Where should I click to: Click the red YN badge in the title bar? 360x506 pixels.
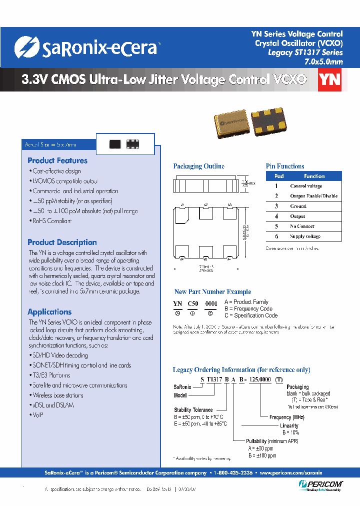(x=329, y=80)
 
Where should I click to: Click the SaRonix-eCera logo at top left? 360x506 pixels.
(x=87, y=48)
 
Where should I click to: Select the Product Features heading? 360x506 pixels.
(x=57, y=160)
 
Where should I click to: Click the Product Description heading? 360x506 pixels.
(x=62, y=242)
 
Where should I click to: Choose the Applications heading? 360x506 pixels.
(x=49, y=311)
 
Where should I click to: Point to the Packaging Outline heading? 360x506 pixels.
(x=198, y=166)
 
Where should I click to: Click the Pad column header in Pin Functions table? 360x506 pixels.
(x=279, y=176)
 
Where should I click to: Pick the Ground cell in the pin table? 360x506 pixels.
(x=298, y=206)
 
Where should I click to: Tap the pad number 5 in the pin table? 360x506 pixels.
(x=276, y=226)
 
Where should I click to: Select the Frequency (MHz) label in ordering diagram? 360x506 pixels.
(x=287, y=417)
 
